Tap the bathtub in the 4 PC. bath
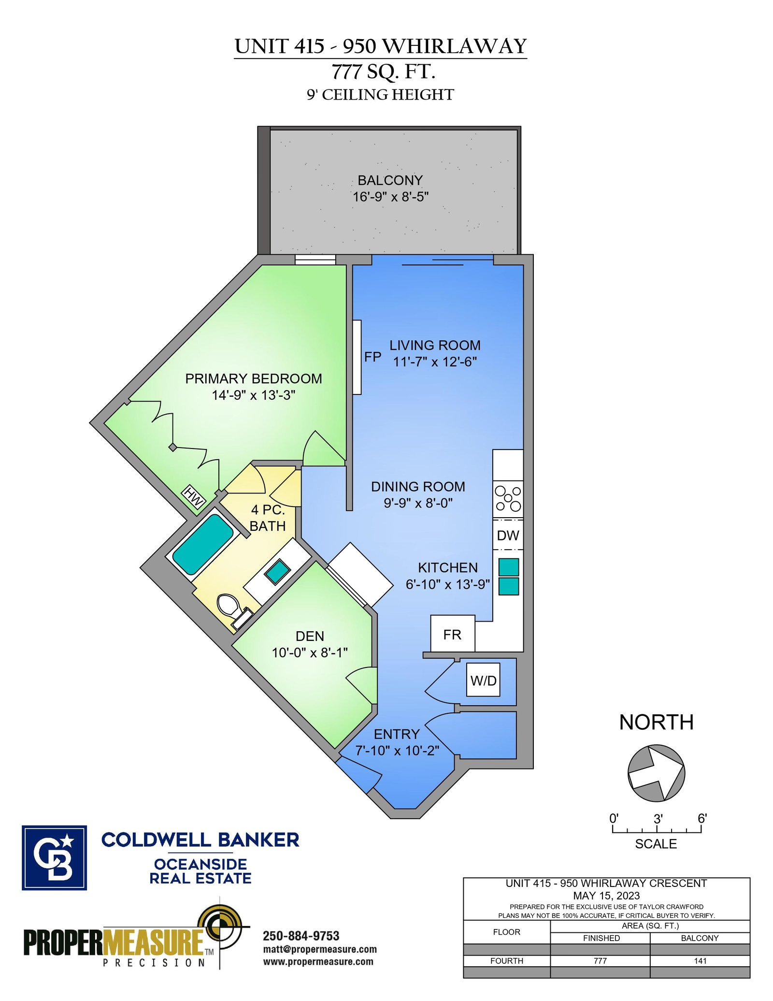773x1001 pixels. click(203, 544)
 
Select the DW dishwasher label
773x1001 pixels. click(508, 536)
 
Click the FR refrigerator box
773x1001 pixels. click(453, 634)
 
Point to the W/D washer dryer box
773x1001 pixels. click(484, 680)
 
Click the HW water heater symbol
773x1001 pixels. click(194, 496)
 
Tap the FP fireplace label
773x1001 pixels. click(372, 357)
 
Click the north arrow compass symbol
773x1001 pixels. click(656, 773)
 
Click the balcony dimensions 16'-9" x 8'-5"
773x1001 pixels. click(391, 197)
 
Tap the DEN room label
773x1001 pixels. click(310, 636)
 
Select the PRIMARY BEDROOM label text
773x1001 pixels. click(254, 378)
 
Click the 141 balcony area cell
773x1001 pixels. click(700, 961)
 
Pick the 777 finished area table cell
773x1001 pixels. click(600, 961)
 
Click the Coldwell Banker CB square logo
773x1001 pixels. click(54, 857)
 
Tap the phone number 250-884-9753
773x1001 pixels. click(301, 936)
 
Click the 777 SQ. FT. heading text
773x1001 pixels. click(384, 72)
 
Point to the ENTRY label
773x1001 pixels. click(397, 734)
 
